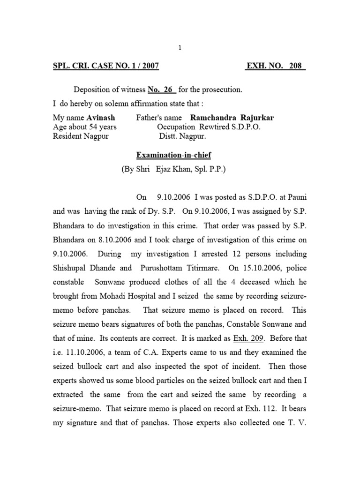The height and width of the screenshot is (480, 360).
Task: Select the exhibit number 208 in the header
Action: tap(296, 67)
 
